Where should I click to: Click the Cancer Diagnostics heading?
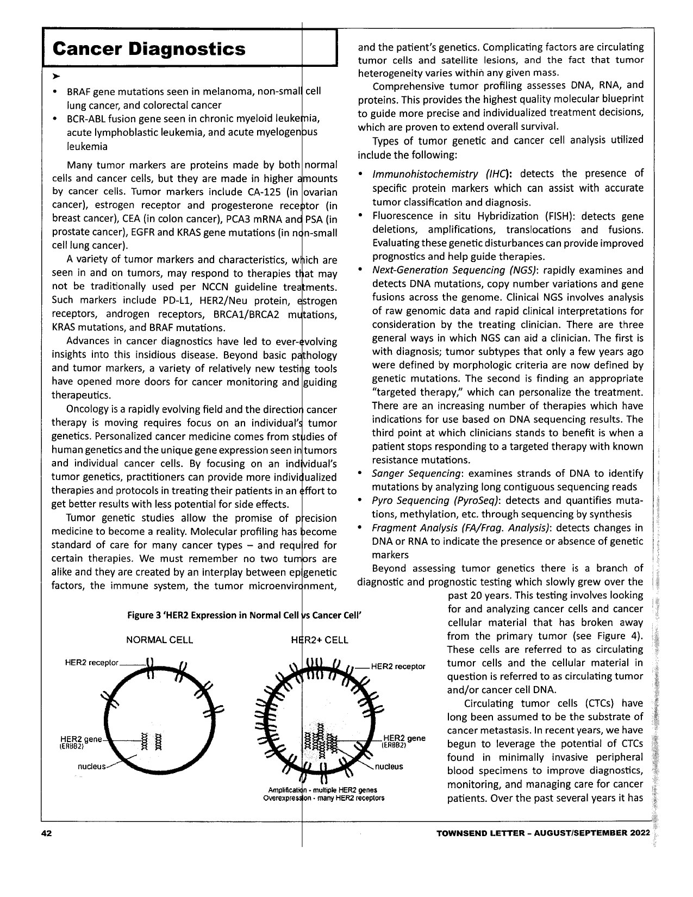149,48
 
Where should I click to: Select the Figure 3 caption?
244,615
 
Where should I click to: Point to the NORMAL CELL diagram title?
159,640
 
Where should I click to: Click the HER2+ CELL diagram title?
320,640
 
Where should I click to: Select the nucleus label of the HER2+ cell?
389,767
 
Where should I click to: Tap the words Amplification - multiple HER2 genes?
323,790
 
